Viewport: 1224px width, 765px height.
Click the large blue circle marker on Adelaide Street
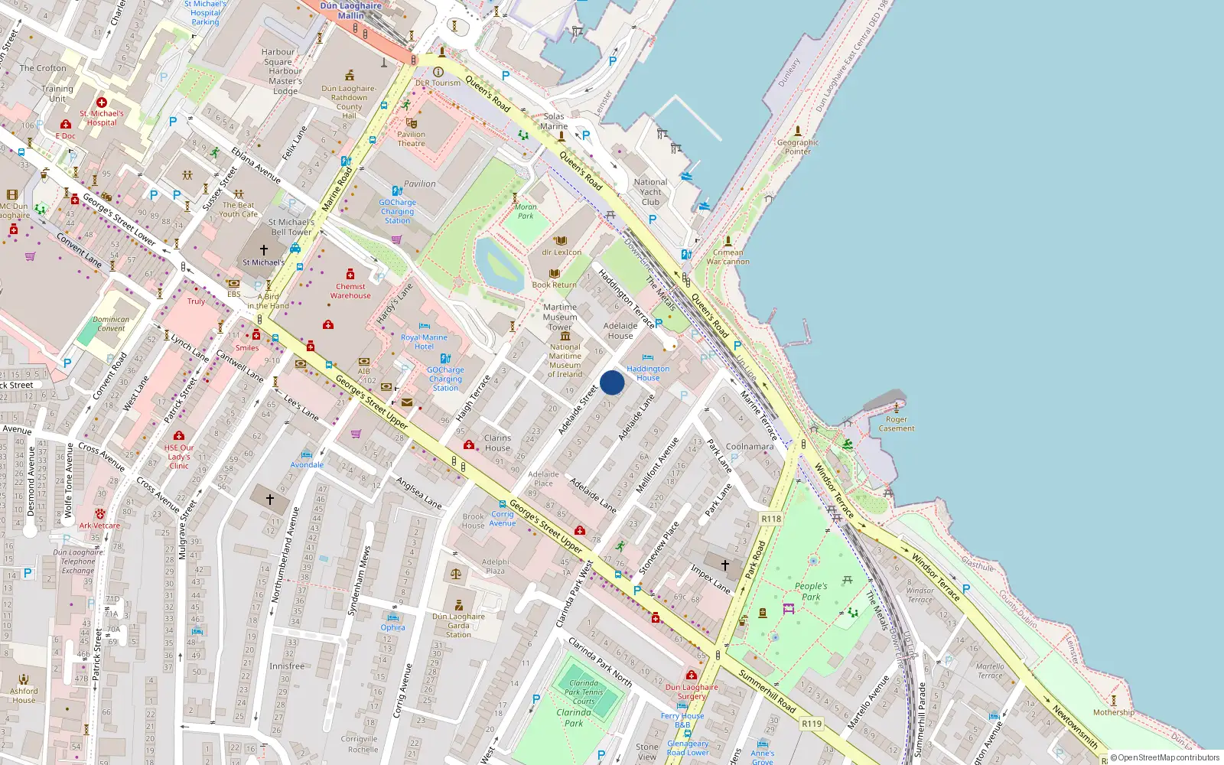tap(612, 382)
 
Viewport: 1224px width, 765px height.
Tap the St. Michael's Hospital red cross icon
tap(101, 103)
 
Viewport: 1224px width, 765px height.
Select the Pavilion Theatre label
tap(411, 138)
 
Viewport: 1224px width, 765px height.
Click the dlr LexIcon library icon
tap(561, 241)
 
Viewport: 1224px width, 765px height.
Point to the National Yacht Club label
tap(650, 192)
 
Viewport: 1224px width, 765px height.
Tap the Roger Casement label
tap(897, 424)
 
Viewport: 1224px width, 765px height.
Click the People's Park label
tap(811, 591)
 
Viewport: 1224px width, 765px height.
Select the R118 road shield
tap(771, 519)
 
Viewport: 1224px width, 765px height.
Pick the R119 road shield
tap(812, 723)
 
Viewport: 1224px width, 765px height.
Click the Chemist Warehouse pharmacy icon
tap(350, 275)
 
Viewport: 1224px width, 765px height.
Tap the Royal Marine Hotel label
tap(424, 341)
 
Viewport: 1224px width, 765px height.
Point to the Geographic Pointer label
tap(798, 147)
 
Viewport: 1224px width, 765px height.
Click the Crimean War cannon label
tap(728, 257)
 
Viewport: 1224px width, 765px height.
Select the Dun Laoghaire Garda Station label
tap(458, 625)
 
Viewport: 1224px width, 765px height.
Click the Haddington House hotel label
tap(648, 373)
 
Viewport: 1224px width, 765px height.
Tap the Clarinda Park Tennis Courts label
tap(584, 692)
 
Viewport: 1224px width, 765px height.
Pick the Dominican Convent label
tap(111, 324)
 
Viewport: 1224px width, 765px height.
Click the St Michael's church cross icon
tap(264, 250)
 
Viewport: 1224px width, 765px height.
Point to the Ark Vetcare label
tap(99, 526)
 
